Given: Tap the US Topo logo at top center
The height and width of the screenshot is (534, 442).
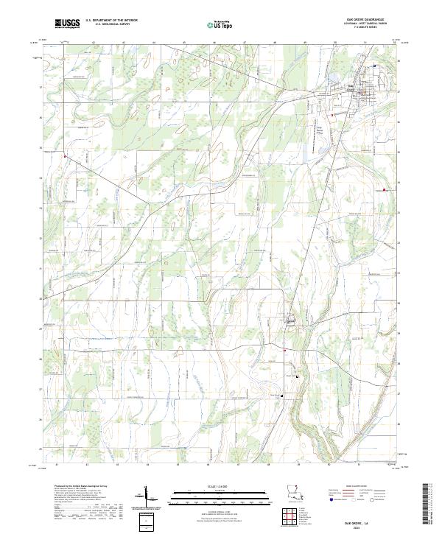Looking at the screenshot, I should (222, 24).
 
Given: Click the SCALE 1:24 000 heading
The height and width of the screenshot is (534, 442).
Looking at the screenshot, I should (221, 485).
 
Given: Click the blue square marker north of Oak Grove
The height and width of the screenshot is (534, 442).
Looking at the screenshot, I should (374, 66).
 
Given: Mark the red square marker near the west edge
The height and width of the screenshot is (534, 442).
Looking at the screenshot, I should (66, 156).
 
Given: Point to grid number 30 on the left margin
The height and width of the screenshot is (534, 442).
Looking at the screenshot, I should (40, 298).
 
